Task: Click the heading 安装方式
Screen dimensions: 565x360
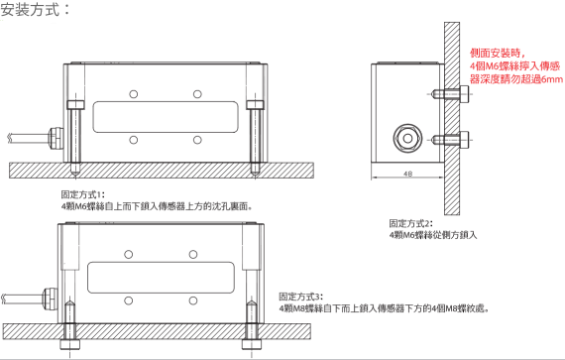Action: pos(30,9)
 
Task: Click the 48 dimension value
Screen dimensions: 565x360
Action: pos(407,174)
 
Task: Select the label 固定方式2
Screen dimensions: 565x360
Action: pos(409,223)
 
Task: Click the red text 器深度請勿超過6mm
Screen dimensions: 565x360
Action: pos(516,79)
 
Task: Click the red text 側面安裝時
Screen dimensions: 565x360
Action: pos(495,54)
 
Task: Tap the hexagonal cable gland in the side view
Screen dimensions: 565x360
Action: pos(408,139)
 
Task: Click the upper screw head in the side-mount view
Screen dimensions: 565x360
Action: pos(465,94)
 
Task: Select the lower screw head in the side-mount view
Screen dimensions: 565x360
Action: pos(465,140)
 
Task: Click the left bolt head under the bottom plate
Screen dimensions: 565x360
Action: pos(70,344)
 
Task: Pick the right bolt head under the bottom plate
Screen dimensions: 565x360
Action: pos(252,344)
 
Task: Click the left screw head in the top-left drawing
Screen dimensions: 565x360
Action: pos(75,105)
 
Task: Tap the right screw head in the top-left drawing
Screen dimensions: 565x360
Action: pos(255,105)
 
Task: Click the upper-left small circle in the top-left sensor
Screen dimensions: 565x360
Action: pos(134,94)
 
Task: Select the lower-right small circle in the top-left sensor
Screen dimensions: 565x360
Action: pos(197,140)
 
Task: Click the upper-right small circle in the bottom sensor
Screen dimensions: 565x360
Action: pos(193,255)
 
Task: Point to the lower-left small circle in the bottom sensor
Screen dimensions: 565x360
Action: pos(129,300)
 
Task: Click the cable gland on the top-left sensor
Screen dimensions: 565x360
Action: pos(56,138)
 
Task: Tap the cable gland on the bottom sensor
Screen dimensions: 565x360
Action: pos(51,299)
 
